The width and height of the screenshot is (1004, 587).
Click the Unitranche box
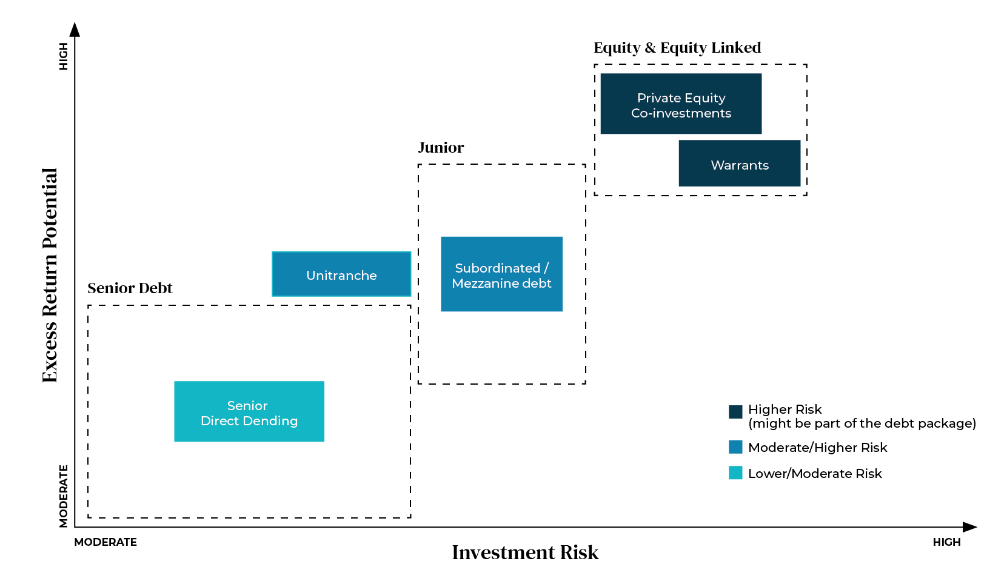(341, 274)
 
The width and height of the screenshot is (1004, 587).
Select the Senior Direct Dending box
(249, 412)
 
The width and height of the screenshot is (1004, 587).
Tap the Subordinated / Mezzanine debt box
(501, 274)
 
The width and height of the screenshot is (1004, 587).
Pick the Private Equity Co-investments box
(681, 104)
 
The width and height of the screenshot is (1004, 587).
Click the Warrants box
(739, 164)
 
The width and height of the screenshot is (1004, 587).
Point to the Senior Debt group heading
(130, 288)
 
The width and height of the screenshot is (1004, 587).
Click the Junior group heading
(441, 148)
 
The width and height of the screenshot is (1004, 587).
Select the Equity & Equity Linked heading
(677, 48)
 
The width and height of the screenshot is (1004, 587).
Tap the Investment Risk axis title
(525, 552)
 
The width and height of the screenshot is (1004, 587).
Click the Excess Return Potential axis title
(50, 275)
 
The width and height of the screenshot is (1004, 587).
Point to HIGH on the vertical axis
(63, 56)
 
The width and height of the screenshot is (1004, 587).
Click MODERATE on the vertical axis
(63, 496)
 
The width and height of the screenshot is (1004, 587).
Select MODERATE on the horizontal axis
(105, 542)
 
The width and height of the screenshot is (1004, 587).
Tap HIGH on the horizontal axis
(946, 542)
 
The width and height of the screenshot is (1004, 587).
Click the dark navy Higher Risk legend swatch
(735, 412)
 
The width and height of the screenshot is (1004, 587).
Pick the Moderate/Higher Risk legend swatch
(735, 447)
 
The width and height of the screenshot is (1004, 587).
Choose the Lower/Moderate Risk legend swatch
(735, 473)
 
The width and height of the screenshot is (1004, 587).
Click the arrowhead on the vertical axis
(75, 29)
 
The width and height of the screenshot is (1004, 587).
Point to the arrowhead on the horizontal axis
(970, 527)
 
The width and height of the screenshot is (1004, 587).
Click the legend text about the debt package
(862, 423)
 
